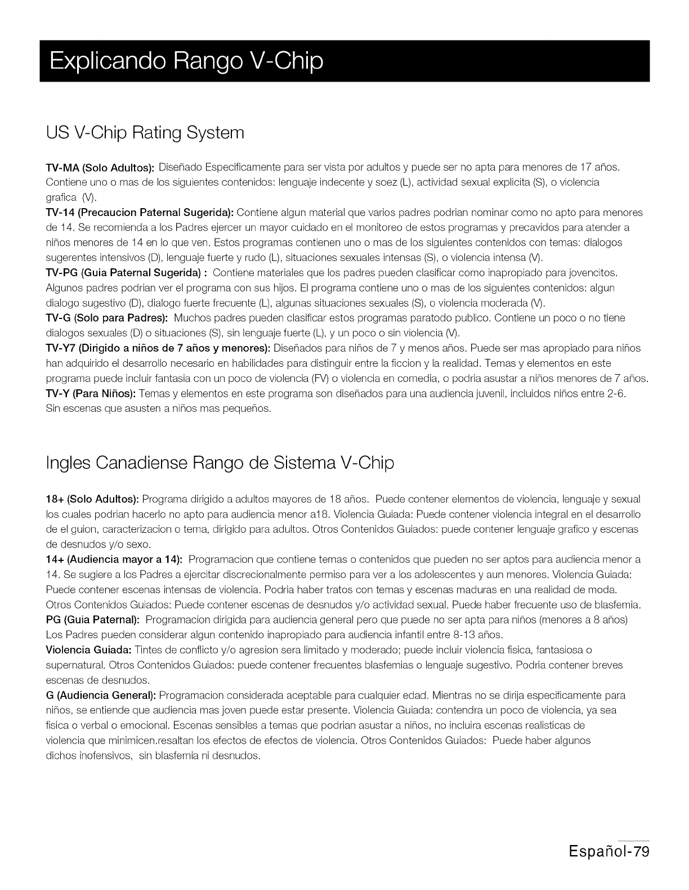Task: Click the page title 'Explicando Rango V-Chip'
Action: (186, 61)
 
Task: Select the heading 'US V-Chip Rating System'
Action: (145, 133)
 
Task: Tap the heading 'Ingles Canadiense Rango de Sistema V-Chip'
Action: (220, 463)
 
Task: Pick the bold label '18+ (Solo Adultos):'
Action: (92, 500)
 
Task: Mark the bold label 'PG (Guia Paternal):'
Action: (92, 620)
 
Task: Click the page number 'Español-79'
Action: (610, 866)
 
